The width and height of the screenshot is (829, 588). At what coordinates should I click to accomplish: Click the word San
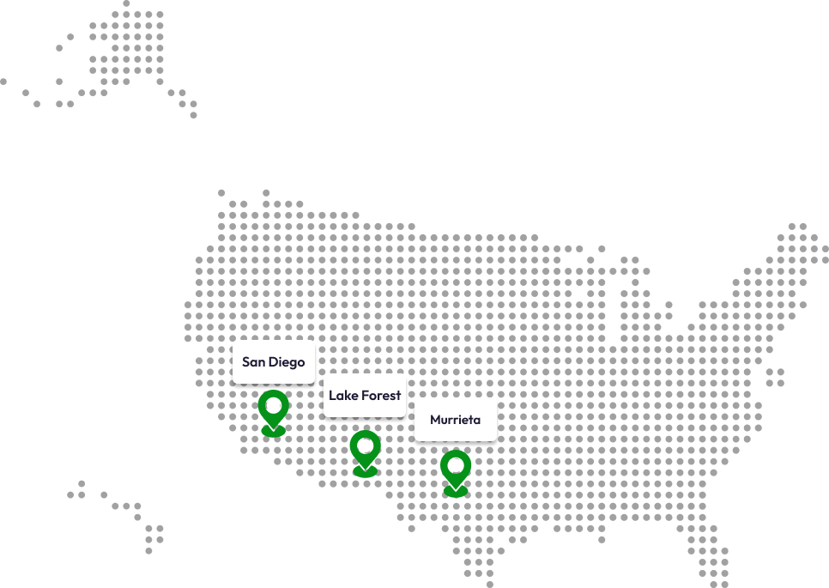click(x=253, y=362)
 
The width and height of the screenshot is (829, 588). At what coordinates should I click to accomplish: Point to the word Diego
click(x=286, y=362)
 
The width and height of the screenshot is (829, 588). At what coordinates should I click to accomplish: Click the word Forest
click(x=381, y=396)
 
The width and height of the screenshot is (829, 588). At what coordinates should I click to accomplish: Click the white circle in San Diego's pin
click(x=273, y=405)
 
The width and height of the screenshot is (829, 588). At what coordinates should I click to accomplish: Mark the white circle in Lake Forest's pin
click(x=365, y=446)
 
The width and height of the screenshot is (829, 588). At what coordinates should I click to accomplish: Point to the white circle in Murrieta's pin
click(x=456, y=465)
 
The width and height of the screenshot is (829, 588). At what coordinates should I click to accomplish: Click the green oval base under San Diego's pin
click(x=273, y=431)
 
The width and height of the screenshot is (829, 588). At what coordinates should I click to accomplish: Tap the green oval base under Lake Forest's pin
click(x=365, y=472)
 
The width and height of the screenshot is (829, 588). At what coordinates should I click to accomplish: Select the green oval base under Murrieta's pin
click(x=456, y=492)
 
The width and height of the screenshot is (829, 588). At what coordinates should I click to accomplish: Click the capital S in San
click(x=246, y=362)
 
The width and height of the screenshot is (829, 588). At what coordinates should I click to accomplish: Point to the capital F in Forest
click(x=364, y=396)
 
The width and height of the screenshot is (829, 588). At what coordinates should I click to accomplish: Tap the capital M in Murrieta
click(x=435, y=421)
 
